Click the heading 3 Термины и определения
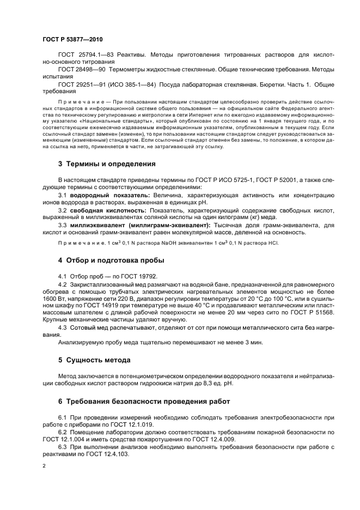pos(107,163)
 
